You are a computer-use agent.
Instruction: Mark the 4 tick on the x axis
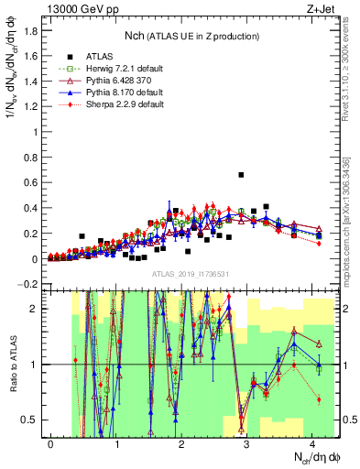point(312,444)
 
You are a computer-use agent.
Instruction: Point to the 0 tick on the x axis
point(50,444)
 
